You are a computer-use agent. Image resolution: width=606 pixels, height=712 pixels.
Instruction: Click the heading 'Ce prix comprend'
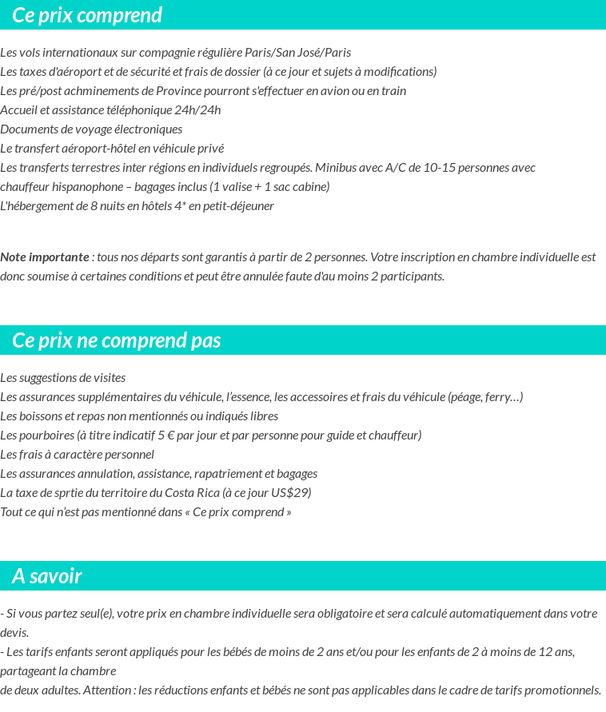pyautogui.click(x=87, y=15)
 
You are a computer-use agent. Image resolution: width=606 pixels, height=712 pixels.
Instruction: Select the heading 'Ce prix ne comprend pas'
pyautogui.click(x=117, y=340)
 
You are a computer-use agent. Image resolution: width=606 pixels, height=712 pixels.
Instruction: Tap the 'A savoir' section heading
pyautogui.click(x=47, y=576)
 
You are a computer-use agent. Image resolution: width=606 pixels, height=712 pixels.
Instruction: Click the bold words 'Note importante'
pyautogui.click(x=45, y=257)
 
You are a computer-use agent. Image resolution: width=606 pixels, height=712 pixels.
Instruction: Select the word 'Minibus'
pyautogui.click(x=337, y=168)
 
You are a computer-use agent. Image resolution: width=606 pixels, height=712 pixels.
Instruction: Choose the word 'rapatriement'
pyautogui.click(x=225, y=474)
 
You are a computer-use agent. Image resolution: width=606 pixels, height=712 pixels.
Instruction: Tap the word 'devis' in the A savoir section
pyautogui.click(x=14, y=633)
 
